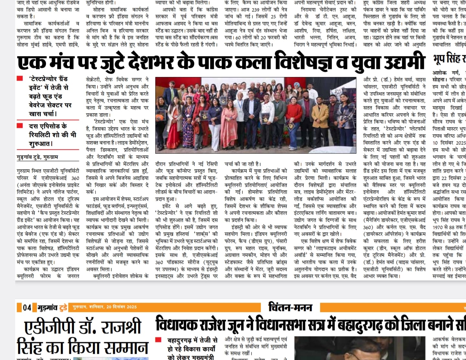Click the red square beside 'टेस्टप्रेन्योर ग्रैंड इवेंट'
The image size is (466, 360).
(x=20, y=79)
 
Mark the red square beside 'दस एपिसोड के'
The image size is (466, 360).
(x=20, y=126)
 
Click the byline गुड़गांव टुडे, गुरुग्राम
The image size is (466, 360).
(x=38, y=157)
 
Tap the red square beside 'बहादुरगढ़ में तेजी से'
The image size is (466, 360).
(x=158, y=340)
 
